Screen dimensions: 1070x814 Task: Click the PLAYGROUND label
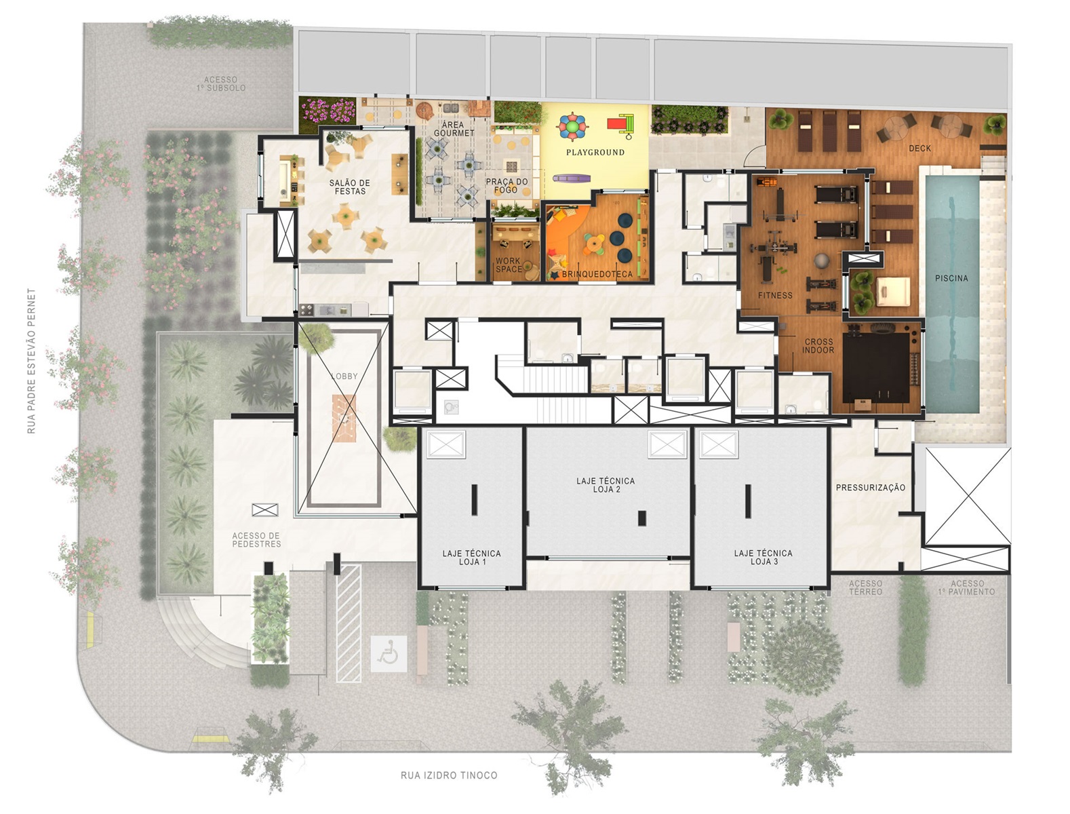[595, 153]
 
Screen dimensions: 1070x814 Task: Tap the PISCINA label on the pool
[951, 278]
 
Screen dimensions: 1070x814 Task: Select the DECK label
[919, 148]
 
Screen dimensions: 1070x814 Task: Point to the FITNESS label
[774, 295]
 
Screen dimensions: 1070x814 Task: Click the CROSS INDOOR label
[818, 346]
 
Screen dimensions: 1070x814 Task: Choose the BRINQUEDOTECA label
[597, 275]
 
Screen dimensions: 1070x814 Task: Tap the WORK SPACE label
[509, 265]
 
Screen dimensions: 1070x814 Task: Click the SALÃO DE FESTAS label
[349, 187]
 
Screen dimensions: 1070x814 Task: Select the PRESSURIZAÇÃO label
[870, 488]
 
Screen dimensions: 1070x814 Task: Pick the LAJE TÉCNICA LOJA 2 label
[606, 485]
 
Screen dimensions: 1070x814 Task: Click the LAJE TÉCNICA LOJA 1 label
[471, 558]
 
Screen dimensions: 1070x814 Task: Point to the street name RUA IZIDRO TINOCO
[449, 775]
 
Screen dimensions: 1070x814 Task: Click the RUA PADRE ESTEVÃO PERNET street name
[32, 361]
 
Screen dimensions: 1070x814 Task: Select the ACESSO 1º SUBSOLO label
[221, 84]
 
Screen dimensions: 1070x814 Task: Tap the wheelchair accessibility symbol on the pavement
[389, 654]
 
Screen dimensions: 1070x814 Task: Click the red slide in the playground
[620, 124]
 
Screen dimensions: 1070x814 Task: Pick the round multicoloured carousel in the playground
[572, 126]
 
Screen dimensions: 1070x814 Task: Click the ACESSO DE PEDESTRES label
[256, 540]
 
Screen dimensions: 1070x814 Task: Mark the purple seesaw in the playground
[572, 178]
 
